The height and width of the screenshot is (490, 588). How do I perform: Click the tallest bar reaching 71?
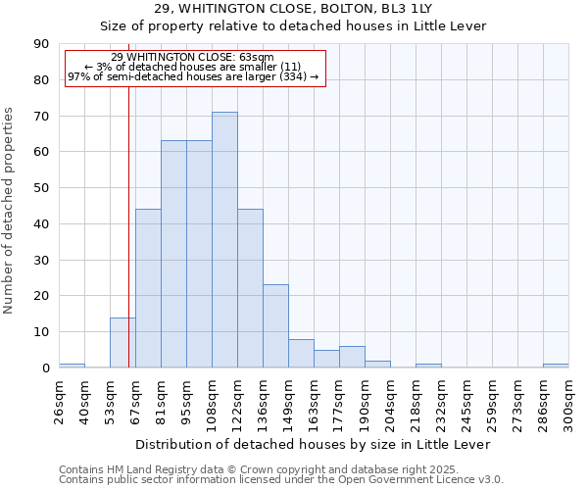(224, 240)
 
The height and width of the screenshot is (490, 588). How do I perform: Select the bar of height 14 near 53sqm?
(122, 342)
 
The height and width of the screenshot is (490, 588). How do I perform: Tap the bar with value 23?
(275, 326)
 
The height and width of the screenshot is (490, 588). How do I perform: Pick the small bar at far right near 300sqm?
(556, 366)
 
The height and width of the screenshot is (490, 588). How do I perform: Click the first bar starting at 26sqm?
(72, 366)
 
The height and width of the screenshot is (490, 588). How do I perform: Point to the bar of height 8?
(301, 354)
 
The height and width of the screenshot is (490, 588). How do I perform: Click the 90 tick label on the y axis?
(41, 44)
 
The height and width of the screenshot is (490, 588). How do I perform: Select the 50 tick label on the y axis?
(41, 188)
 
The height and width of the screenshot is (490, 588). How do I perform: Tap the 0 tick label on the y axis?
(45, 368)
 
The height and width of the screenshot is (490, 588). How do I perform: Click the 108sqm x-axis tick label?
(212, 404)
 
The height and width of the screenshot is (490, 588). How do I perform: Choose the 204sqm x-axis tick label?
(390, 404)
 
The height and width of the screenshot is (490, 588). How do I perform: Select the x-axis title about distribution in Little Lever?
(313, 444)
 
